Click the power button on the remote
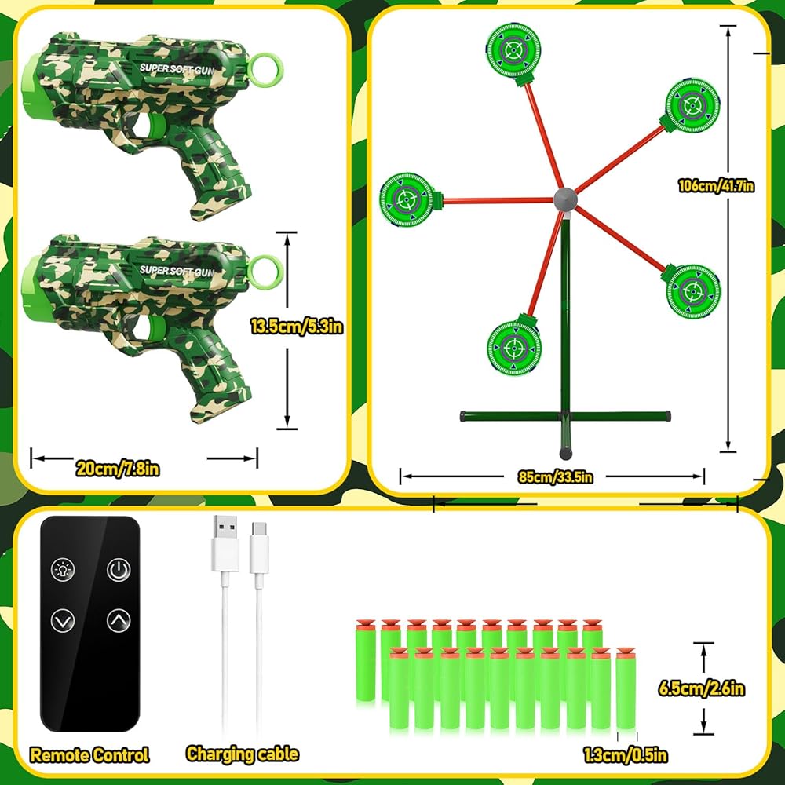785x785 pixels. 118,569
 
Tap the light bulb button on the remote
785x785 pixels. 62,569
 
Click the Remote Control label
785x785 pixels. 89,755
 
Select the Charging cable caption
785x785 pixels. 242,754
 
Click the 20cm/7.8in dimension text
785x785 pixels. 118,469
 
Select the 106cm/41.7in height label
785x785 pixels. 717,186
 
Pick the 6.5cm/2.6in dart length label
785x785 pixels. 701,688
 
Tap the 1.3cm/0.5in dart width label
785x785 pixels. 626,755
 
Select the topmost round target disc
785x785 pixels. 513,51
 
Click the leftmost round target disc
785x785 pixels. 407,199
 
